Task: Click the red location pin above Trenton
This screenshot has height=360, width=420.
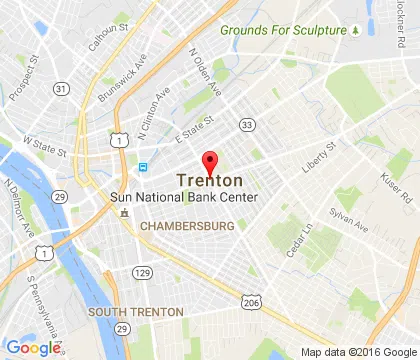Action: (x=210, y=162)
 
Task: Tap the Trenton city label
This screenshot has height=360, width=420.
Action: (x=209, y=181)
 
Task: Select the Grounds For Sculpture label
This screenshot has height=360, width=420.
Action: (x=281, y=31)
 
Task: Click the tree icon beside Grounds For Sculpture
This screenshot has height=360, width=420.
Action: (x=355, y=31)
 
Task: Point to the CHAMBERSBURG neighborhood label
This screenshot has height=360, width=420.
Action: (x=187, y=227)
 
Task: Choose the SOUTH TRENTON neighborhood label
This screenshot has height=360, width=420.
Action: (x=136, y=312)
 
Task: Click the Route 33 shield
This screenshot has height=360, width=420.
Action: (x=246, y=124)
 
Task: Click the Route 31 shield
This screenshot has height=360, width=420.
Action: (x=62, y=90)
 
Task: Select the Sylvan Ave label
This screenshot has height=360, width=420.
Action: (x=349, y=222)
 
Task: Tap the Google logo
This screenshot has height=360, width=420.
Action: (x=33, y=347)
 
